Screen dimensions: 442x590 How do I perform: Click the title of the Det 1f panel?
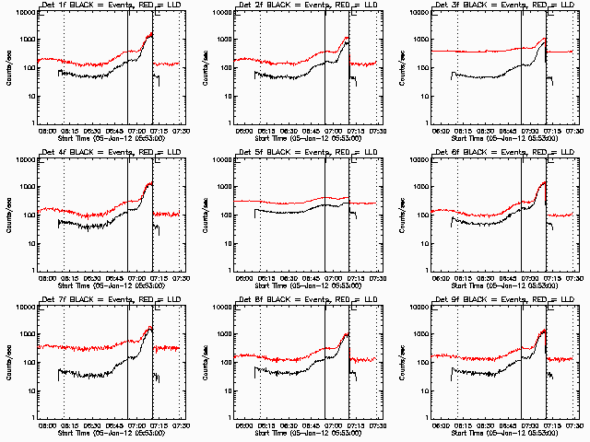[104, 6]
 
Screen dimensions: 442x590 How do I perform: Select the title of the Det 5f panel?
[301, 153]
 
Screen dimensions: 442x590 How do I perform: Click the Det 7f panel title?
[104, 300]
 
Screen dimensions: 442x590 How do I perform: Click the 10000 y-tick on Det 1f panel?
[23, 12]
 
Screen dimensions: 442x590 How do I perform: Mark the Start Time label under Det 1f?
[104, 138]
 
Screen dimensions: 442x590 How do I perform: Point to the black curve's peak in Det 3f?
[545, 39]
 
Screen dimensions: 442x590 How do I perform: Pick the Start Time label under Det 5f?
[301, 285]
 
